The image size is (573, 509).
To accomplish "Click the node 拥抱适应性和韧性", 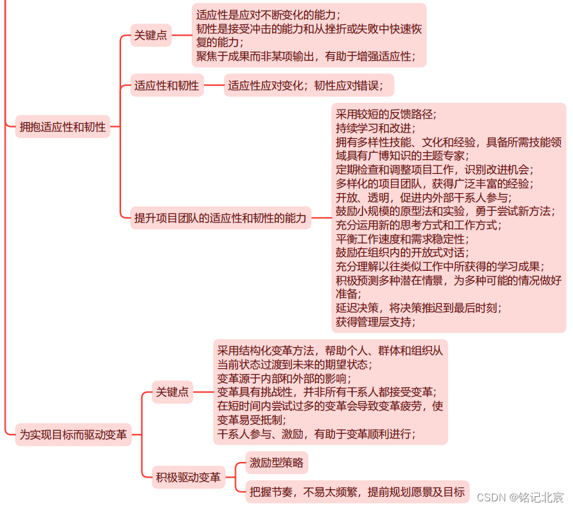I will click(x=62, y=127).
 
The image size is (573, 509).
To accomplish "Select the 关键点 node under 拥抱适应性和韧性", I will click(x=150, y=36).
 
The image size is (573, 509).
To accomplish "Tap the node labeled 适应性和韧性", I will click(x=166, y=85).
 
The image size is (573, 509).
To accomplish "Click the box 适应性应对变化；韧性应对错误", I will click(x=308, y=85).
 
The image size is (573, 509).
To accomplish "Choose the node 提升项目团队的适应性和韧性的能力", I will click(x=220, y=218).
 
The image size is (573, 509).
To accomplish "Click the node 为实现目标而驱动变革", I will click(x=73, y=435).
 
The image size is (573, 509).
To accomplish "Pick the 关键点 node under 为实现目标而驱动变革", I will click(x=173, y=392).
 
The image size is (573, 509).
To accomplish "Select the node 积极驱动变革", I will click(x=188, y=477).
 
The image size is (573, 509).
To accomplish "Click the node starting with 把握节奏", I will click(x=358, y=491).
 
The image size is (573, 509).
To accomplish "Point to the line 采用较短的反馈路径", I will click(x=386, y=114).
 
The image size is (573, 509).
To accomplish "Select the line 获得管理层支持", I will click(x=375, y=322).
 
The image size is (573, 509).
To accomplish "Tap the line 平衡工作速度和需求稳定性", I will click(x=402, y=239).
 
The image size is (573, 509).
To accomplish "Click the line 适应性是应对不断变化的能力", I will click(x=268, y=15).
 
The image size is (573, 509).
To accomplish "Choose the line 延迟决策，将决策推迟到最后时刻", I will click(x=419, y=308).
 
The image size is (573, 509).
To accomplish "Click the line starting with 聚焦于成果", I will click(x=306, y=56).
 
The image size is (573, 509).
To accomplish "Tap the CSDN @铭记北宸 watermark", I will click(x=520, y=497).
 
